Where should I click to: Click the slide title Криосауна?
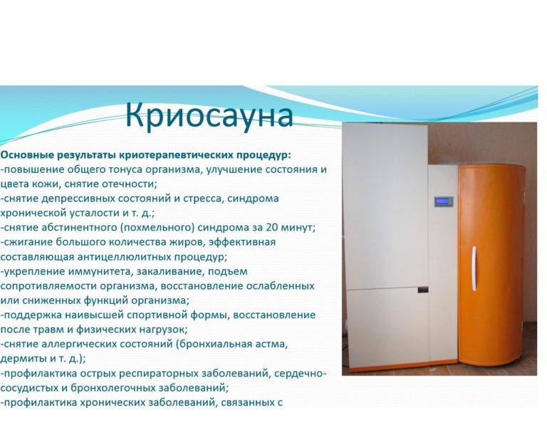click(x=209, y=115)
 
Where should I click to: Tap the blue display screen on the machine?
click(x=444, y=201)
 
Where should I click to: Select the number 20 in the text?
click(x=272, y=227)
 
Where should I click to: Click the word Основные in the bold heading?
click(x=27, y=154)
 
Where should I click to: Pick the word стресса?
click(x=202, y=199)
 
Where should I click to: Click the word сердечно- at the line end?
click(x=300, y=374)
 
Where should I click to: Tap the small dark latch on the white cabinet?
click(x=423, y=290)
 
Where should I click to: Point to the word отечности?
click(x=130, y=184)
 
